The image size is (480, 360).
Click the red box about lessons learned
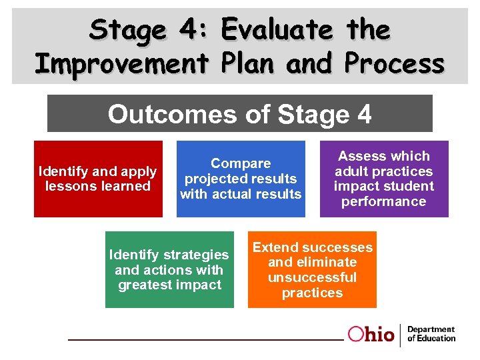pyautogui.click(x=98, y=179)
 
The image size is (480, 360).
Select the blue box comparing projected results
pyautogui.click(x=241, y=179)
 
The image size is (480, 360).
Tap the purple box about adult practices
pyautogui.click(x=384, y=179)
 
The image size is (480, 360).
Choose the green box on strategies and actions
pyautogui.click(x=169, y=269)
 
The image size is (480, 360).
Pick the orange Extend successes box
pyautogui.click(x=312, y=269)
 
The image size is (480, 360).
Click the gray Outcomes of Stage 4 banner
pyautogui.click(x=240, y=113)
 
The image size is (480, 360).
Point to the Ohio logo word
pyautogui.click(x=371, y=335)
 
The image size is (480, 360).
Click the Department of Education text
pyautogui.click(x=431, y=334)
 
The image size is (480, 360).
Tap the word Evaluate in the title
pyautogui.click(x=277, y=29)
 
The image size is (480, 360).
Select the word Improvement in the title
pyautogui.click(x=122, y=63)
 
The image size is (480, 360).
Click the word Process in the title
pyautogui.click(x=394, y=63)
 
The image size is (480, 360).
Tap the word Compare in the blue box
pyautogui.click(x=241, y=163)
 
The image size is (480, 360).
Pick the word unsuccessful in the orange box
pyautogui.click(x=312, y=277)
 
